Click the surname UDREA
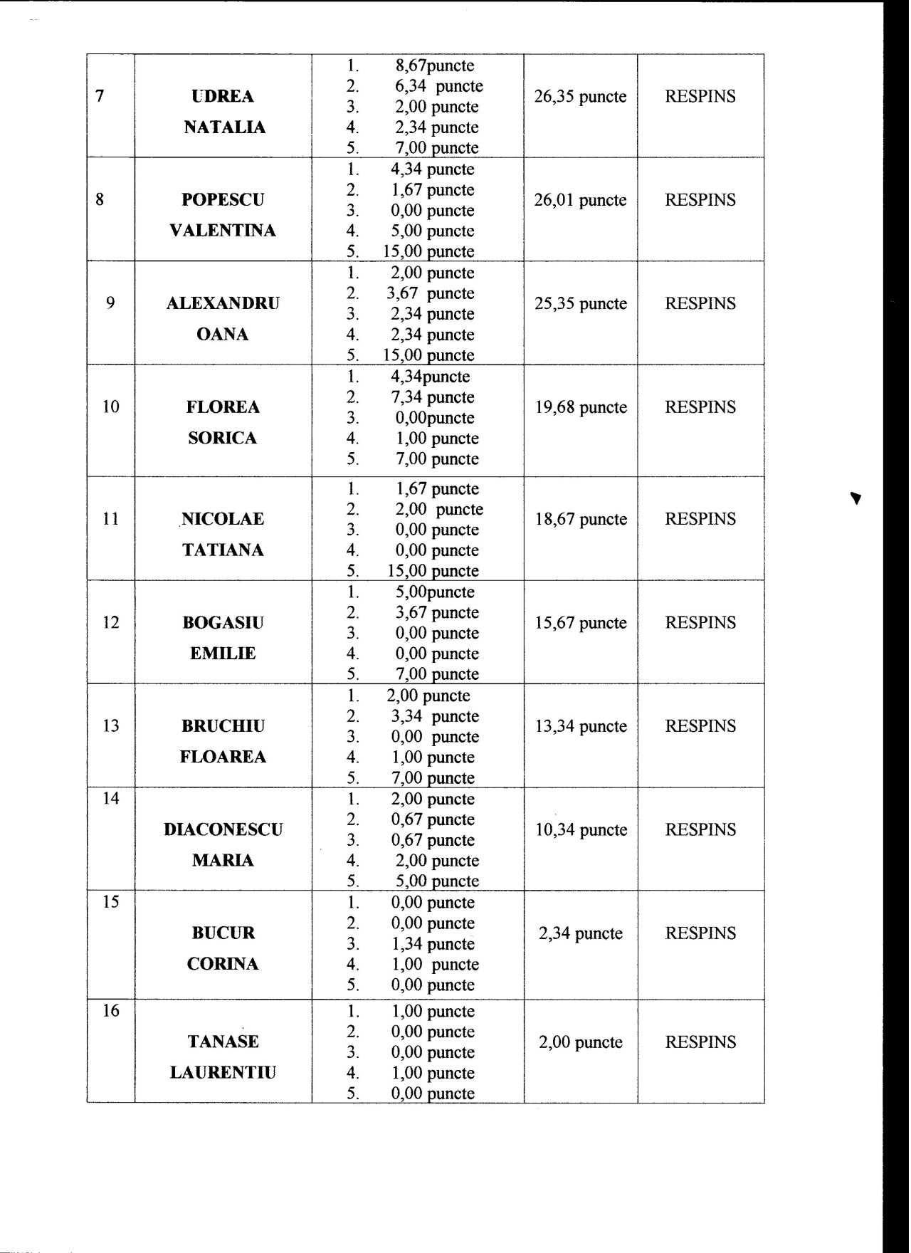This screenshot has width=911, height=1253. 223,96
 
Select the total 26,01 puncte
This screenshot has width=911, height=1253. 580,200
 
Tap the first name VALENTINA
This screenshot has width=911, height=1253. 223,231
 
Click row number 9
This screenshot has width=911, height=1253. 110,303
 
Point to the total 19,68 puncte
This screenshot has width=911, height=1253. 581,407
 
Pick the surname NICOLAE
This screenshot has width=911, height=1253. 223,519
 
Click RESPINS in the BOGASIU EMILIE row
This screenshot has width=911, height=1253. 700,623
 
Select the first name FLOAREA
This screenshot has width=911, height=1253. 223,757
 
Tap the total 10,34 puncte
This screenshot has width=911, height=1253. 581,830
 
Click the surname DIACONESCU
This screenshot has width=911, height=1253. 223,829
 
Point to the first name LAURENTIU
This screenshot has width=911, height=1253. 223,1073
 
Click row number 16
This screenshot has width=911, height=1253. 110,1011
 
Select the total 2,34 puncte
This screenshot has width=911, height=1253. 581,933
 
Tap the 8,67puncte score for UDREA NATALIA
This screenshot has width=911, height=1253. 434,65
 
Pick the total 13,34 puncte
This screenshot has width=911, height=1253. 581,726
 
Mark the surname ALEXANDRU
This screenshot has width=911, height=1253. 223,303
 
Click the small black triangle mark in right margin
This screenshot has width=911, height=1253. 856,498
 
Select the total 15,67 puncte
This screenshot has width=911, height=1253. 581,623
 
